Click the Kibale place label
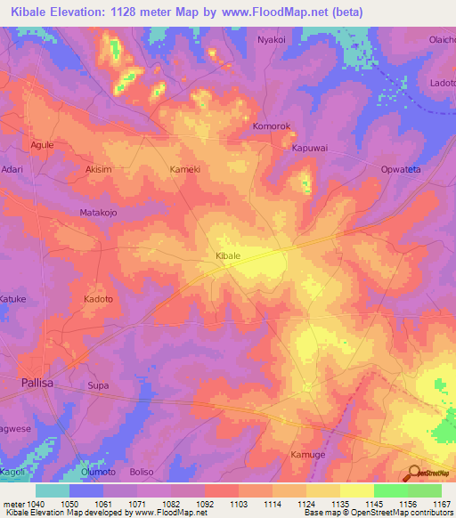click(x=229, y=255)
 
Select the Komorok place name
click(x=272, y=127)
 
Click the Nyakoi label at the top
click(x=273, y=40)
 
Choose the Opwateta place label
click(x=400, y=168)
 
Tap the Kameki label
click(x=185, y=168)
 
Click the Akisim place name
click(x=99, y=168)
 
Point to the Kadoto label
click(x=99, y=300)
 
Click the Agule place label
click(x=43, y=144)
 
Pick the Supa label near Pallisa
click(x=98, y=385)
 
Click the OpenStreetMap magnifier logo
click(x=415, y=475)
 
